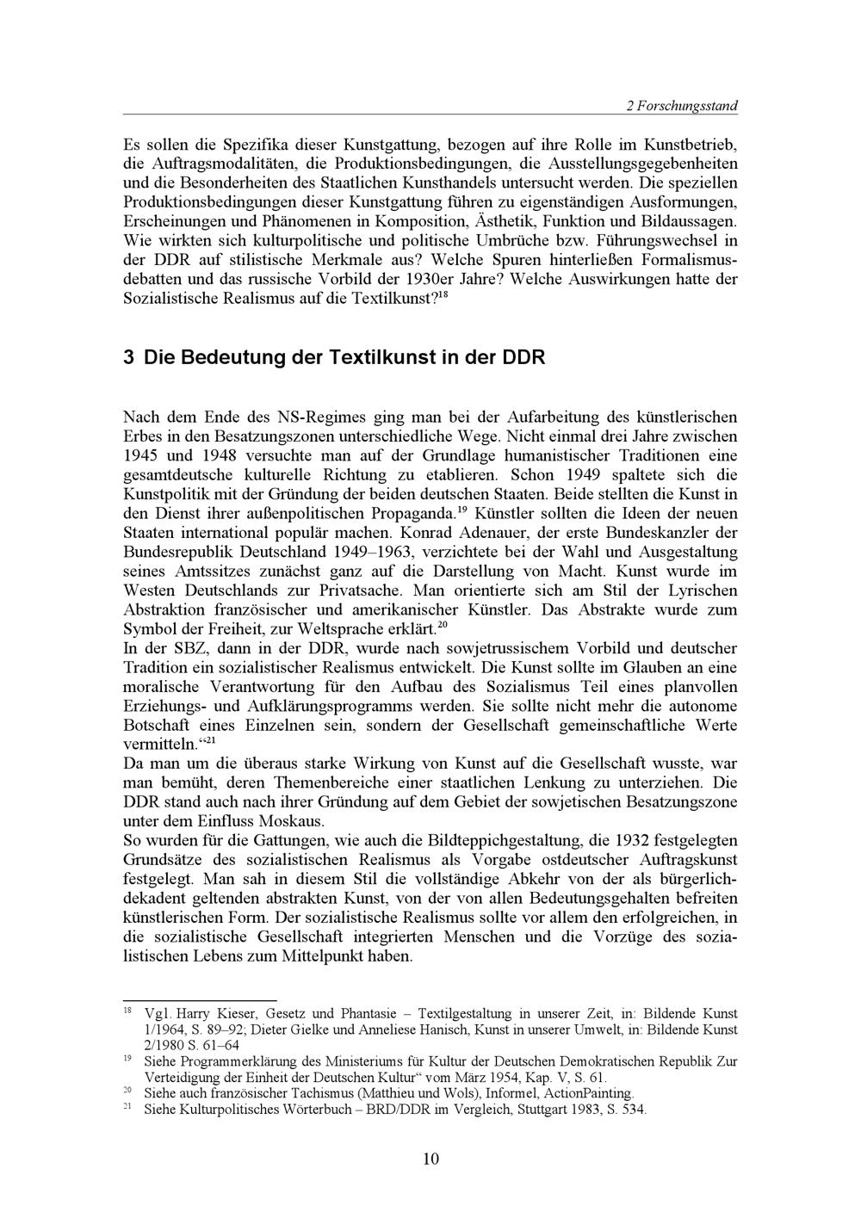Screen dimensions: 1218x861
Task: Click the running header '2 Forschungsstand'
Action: tap(681, 106)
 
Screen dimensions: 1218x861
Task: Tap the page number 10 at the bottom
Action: tap(430, 1159)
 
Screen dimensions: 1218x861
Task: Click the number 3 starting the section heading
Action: tap(128, 356)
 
